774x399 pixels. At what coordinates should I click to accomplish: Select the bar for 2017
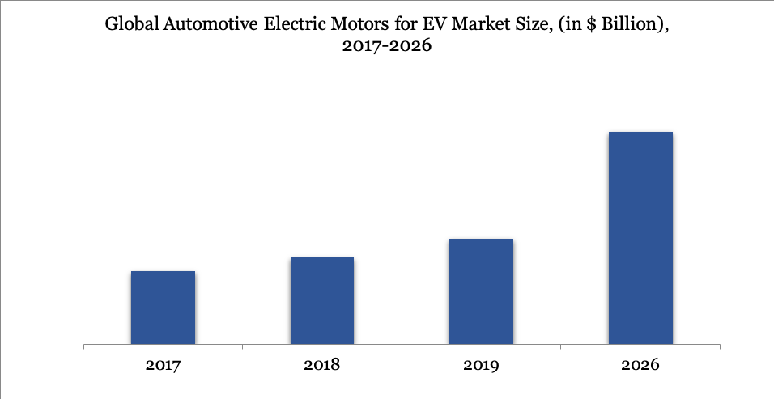(163, 308)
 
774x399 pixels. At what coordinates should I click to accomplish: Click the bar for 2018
(321, 301)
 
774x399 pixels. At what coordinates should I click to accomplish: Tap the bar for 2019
(481, 292)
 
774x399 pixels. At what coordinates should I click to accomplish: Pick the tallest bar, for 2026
(640, 239)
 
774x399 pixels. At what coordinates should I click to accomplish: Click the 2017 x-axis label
(163, 365)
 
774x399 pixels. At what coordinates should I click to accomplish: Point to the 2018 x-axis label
(321, 365)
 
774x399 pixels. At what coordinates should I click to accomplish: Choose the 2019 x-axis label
(481, 365)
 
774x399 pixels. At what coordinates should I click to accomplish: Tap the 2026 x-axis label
(640, 365)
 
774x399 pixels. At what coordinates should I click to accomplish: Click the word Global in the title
(133, 25)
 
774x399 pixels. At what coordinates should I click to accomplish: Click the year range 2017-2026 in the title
(387, 47)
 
